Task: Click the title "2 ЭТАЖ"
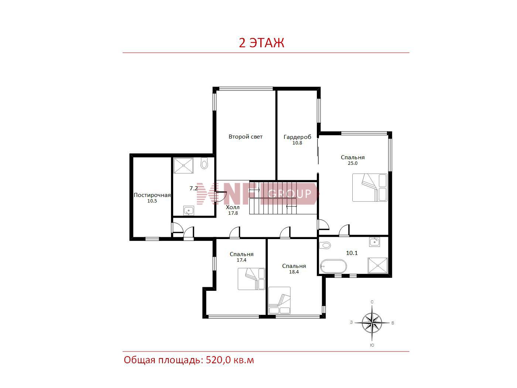click(261, 43)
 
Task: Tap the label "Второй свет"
click(246, 137)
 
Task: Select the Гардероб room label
click(297, 137)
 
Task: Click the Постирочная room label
click(152, 195)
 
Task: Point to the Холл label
click(233, 207)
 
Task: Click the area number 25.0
click(353, 163)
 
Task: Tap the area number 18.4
click(294, 272)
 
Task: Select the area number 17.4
click(242, 260)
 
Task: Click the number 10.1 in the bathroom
click(352, 253)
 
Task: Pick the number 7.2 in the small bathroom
click(194, 188)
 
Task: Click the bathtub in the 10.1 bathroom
click(333, 266)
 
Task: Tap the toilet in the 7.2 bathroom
click(204, 163)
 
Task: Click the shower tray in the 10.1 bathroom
click(377, 266)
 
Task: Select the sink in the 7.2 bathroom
click(188, 210)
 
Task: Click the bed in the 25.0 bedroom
click(370, 187)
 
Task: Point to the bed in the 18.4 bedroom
click(279, 300)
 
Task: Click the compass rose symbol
click(372, 323)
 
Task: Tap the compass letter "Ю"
click(372, 345)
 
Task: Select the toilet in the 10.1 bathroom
click(325, 245)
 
